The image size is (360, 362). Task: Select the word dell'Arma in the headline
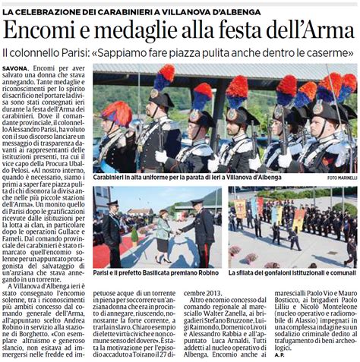[308, 33]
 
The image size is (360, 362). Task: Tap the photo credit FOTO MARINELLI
[340, 178]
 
